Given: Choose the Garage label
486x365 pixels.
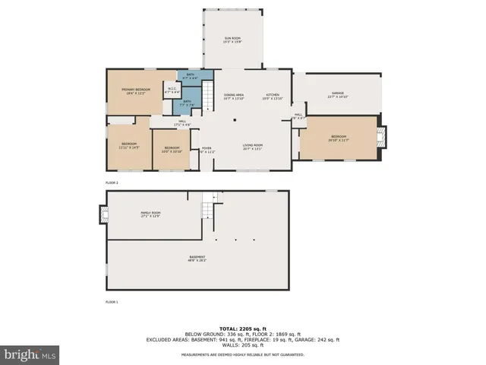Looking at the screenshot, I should pos(336,94).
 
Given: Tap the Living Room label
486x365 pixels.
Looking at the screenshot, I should pos(252,147).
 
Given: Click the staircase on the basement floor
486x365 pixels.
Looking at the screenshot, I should pos(208,206).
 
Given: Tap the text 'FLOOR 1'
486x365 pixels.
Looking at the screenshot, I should pos(112,303).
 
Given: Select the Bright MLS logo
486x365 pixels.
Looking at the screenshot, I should pos(30,354).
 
